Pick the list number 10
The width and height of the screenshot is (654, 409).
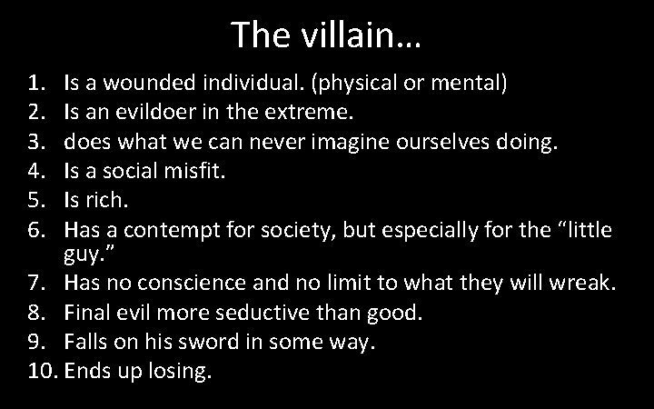(41, 373)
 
